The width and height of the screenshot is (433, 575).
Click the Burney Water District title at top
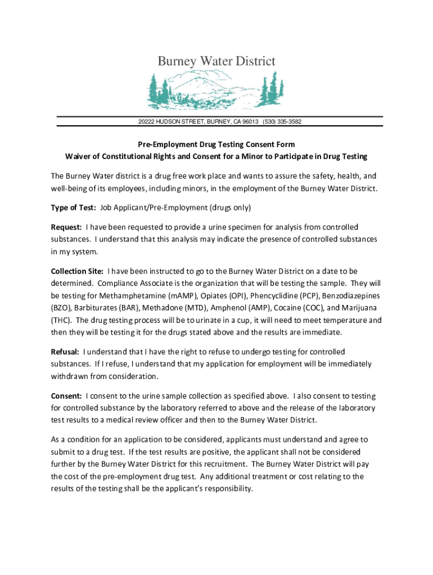pos(216,61)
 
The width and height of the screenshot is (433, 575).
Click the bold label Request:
pos(66,227)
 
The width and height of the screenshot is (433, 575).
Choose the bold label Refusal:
pos(65,352)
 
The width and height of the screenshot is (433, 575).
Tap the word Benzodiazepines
pos(353,296)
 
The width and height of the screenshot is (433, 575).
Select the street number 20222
pos(149,122)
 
